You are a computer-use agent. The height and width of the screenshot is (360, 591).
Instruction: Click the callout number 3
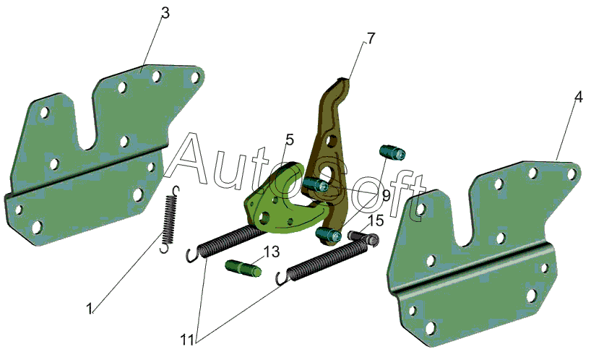click(165, 13)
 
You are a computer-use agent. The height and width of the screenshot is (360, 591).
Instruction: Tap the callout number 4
click(579, 97)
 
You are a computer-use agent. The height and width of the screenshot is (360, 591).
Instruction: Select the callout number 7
click(371, 38)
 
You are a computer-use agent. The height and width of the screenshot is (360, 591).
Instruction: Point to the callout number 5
click(289, 140)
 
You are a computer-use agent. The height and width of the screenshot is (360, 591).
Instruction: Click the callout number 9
click(386, 196)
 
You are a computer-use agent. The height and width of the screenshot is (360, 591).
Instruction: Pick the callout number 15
click(376, 220)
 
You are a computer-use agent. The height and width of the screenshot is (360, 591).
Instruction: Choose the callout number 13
click(272, 252)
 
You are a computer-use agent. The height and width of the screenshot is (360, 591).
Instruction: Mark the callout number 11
click(187, 340)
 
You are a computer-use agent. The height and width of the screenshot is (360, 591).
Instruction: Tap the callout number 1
click(90, 309)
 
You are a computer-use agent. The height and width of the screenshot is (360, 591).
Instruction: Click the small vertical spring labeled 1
click(169, 219)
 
